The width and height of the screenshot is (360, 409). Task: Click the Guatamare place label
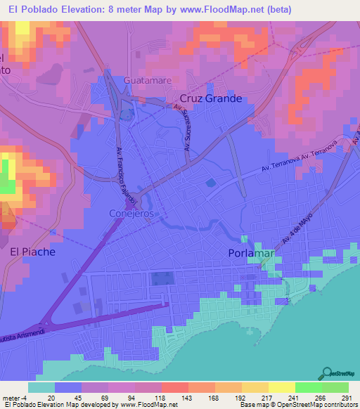[x=148, y=81]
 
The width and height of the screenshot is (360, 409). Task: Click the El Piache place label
[x=32, y=250]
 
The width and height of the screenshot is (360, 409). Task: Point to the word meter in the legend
[x=12, y=397]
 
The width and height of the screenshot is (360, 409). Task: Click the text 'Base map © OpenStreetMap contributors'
[x=298, y=405]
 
